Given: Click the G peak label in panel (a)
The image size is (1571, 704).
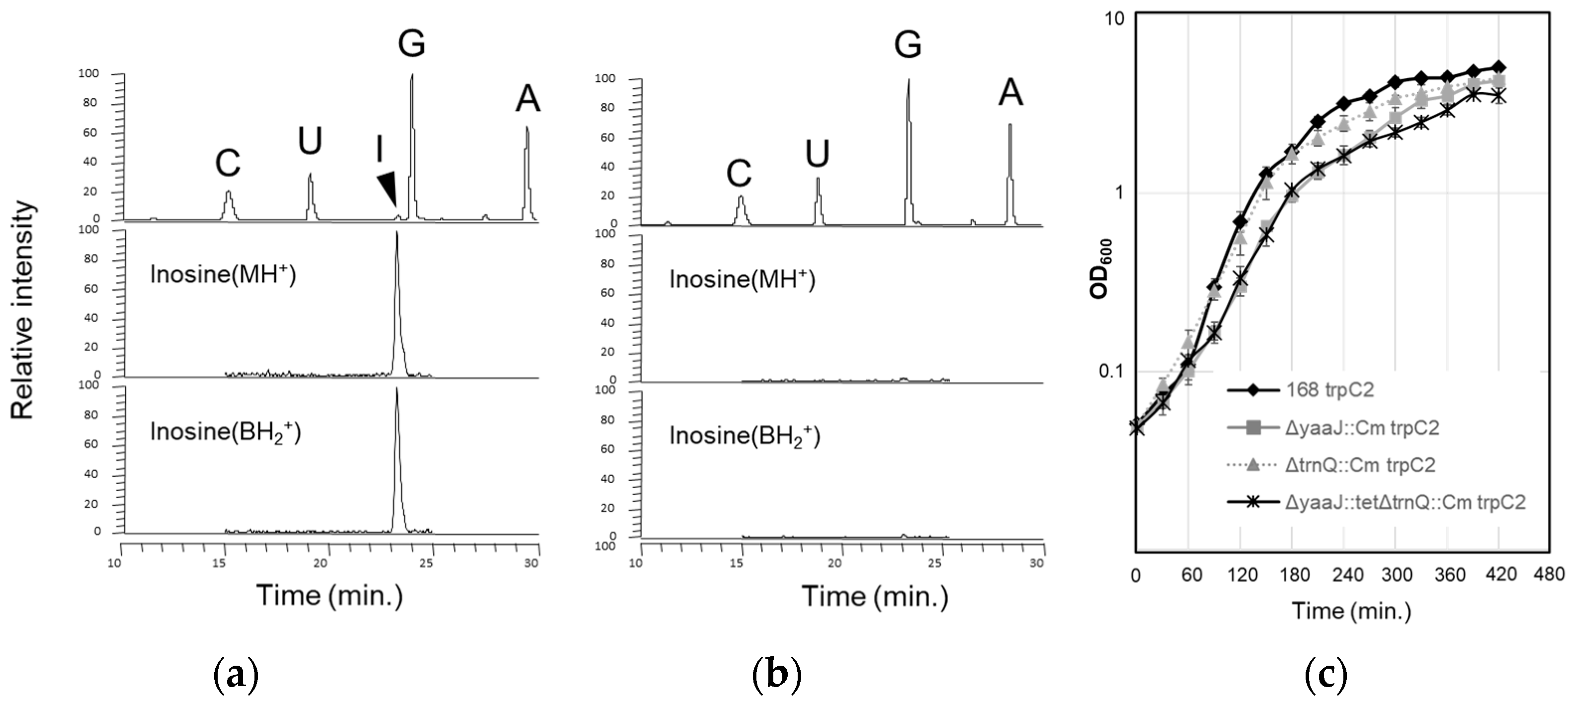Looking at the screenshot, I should click(411, 44).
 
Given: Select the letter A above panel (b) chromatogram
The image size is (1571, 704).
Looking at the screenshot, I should click(1010, 93).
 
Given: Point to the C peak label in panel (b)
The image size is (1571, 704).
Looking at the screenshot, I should click(739, 174).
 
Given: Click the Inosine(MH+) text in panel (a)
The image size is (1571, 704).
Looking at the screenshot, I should click(223, 274).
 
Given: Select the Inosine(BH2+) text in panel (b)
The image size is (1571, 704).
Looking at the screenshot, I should click(744, 436).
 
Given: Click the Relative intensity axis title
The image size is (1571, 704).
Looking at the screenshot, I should click(23, 310).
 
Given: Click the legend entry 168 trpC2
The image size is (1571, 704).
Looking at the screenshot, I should click(1329, 389).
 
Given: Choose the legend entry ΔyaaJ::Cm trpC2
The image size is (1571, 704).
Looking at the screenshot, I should click(1361, 427).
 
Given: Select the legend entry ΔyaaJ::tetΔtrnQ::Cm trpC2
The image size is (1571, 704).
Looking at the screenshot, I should click(1405, 502).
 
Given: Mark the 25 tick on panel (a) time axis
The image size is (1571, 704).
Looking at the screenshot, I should click(427, 562).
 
